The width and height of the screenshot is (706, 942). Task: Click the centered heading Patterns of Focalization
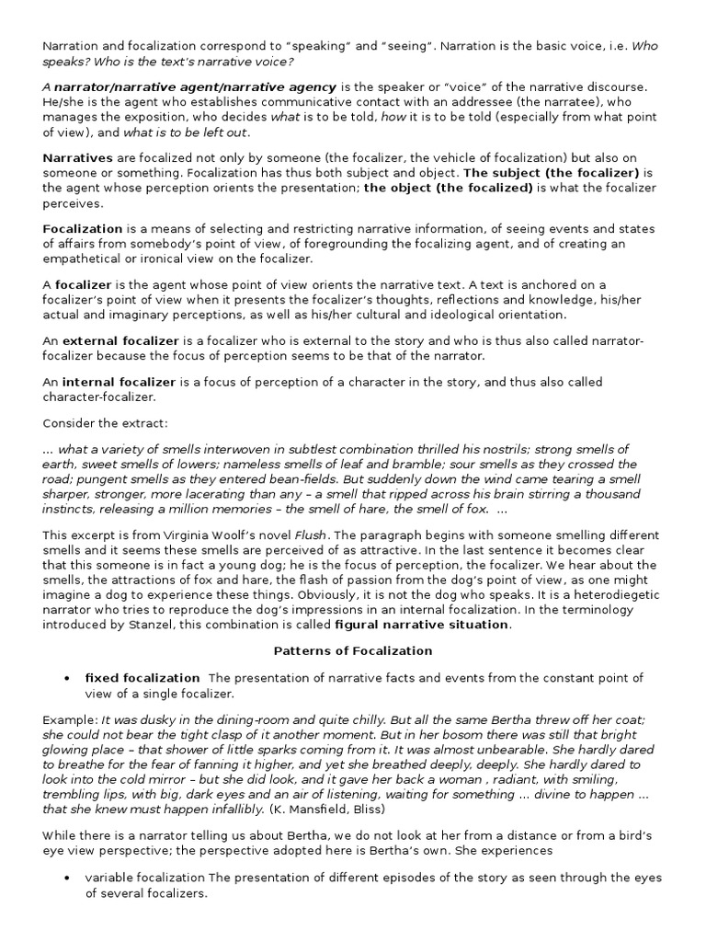tap(354, 650)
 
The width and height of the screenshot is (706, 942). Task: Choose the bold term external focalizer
tap(120, 340)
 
